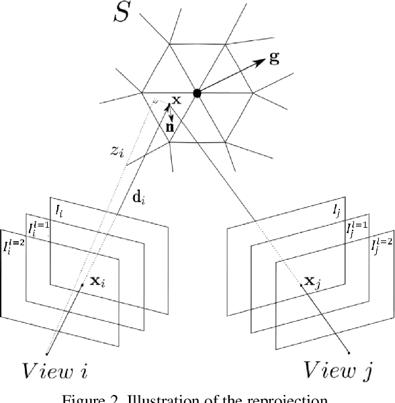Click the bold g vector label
coord(275,58)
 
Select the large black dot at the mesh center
coord(197,93)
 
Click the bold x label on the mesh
coord(176,99)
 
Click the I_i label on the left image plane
coord(59,212)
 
